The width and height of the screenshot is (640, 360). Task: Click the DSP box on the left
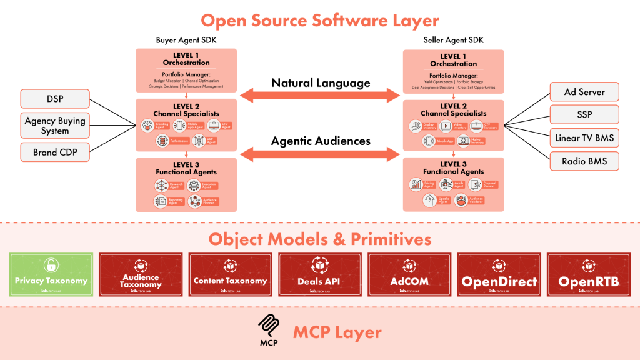tap(55, 99)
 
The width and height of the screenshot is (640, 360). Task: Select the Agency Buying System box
tap(55, 126)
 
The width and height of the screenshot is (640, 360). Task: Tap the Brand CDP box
tap(55, 152)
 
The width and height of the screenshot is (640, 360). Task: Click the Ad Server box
tap(584, 92)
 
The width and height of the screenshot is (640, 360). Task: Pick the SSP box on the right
tap(584, 115)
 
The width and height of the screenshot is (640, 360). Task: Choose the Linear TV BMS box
tap(584, 138)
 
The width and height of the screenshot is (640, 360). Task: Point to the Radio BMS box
tap(584, 161)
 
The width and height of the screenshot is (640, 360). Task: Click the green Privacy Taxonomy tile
tap(51, 274)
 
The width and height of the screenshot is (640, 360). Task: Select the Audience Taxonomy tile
tap(141, 274)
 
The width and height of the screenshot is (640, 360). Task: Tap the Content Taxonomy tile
tap(230, 274)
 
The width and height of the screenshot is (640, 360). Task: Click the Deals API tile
tap(319, 274)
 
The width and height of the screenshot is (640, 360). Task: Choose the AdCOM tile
tap(409, 274)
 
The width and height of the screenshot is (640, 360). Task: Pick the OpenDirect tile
tap(499, 274)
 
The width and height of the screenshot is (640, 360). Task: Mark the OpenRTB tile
tap(588, 274)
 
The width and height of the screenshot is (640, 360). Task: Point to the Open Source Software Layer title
tap(320, 21)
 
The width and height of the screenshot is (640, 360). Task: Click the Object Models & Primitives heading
tap(320, 239)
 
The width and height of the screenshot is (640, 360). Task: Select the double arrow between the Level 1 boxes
tap(320, 95)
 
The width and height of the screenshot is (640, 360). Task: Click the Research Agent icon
tap(161, 186)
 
